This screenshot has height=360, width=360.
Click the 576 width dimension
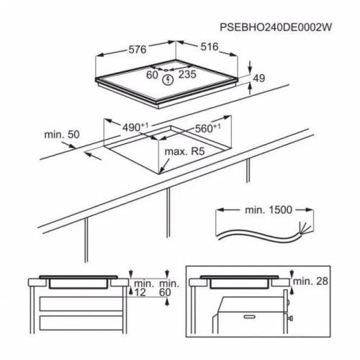pos(137,50)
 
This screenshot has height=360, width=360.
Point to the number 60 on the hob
pos(152,74)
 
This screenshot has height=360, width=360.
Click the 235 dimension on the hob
pos(187,74)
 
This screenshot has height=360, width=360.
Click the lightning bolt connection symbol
pos(169,79)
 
